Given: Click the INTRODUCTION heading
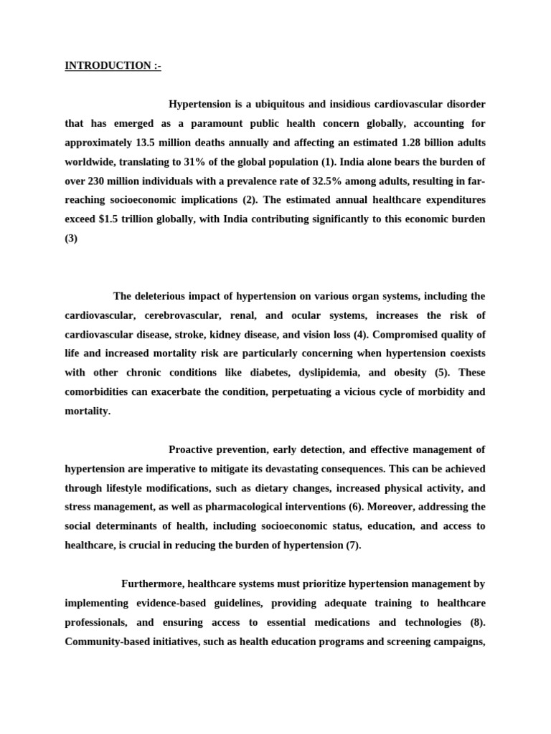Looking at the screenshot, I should (113, 66).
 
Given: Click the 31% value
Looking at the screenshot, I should (235, 161).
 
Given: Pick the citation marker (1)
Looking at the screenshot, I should (352, 161).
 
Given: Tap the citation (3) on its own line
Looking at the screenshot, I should (71, 237).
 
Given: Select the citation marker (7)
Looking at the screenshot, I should (353, 545).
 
